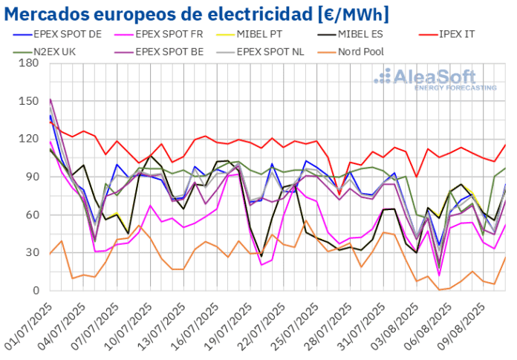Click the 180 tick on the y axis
[x=29, y=62]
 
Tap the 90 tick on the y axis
[x=32, y=177]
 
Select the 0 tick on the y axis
[x=35, y=290]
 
